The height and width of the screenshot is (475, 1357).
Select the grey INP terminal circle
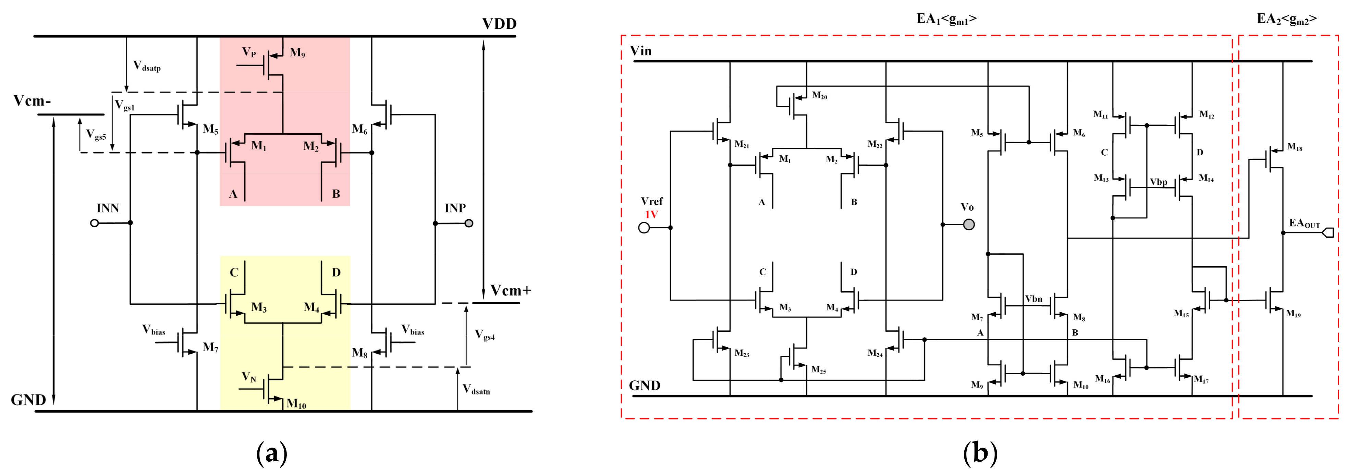469,223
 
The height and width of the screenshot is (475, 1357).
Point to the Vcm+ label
511,291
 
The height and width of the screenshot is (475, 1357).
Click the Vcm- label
32,101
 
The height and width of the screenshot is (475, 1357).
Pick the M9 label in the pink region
297,53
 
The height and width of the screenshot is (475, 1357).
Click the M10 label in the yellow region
296,404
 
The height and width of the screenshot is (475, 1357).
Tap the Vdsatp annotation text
146,66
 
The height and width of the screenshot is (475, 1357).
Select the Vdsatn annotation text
476,389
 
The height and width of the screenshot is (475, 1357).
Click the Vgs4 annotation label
485,334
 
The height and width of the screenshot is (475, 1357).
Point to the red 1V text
651,215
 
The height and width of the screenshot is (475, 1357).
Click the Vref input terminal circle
644,228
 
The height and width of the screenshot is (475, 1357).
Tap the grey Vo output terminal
968,225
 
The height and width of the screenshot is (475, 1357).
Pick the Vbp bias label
1158,182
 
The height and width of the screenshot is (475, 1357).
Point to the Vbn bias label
1034,299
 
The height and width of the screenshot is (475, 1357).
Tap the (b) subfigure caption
980,453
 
